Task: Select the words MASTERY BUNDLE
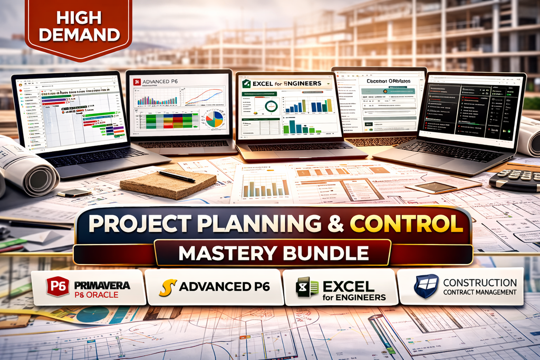(273, 252)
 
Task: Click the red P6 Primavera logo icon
(57, 287)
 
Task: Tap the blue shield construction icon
(426, 286)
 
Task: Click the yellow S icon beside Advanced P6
(167, 288)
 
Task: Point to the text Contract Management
(479, 292)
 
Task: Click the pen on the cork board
(176, 176)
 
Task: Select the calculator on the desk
(514, 181)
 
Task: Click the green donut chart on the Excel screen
(271, 106)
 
